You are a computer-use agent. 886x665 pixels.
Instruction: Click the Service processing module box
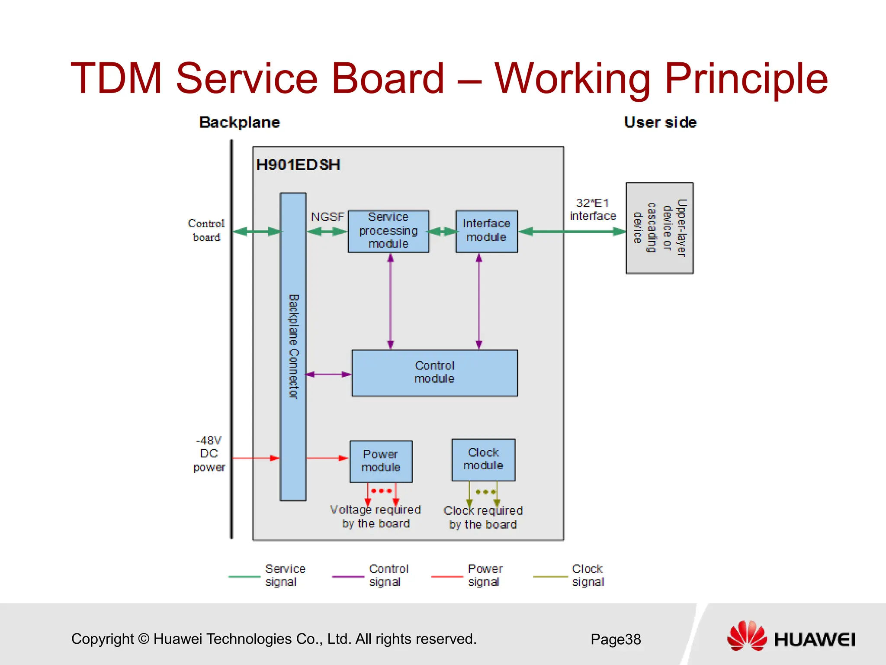tap(388, 231)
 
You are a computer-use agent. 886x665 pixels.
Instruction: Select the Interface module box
tap(486, 231)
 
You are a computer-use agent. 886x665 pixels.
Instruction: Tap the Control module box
tap(434, 373)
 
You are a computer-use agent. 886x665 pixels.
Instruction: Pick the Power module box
tap(381, 461)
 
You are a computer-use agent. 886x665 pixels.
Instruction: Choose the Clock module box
tap(483, 459)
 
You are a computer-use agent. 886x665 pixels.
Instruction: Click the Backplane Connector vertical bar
tap(293, 346)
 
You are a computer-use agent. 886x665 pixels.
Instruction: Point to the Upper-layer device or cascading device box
tap(659, 228)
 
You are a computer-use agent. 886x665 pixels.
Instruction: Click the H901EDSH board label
tap(298, 165)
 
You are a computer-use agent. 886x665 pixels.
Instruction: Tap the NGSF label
tap(327, 216)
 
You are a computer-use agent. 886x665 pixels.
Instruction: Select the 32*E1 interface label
tap(593, 210)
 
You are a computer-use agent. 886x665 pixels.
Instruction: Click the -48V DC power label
tap(209, 454)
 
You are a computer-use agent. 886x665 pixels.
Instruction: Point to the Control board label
tap(206, 230)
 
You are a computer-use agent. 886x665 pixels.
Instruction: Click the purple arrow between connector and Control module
tap(328, 374)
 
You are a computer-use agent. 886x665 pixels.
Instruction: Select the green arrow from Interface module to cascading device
tap(572, 232)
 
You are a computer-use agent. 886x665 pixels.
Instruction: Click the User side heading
tap(660, 123)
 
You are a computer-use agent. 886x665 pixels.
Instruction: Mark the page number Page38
tap(615, 639)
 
